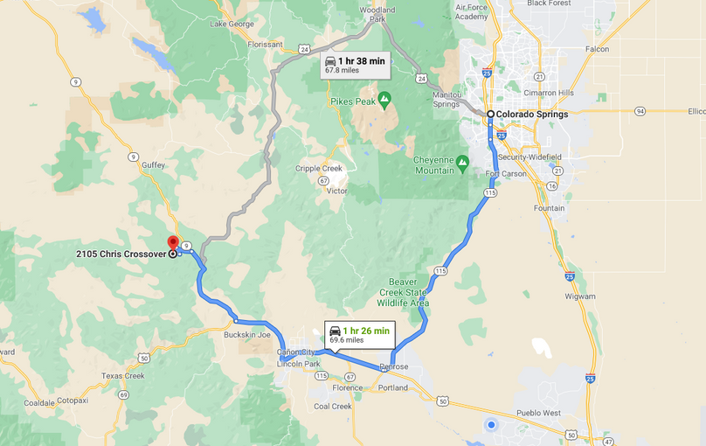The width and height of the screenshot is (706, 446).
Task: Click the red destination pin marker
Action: click(x=172, y=243)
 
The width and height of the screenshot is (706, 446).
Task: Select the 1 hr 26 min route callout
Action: click(x=359, y=334)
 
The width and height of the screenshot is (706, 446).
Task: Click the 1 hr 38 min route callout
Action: click(x=354, y=66)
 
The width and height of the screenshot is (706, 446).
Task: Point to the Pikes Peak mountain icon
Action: click(x=384, y=99)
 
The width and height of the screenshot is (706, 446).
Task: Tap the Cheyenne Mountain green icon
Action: click(x=462, y=162)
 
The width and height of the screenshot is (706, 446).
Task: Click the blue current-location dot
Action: click(x=491, y=425)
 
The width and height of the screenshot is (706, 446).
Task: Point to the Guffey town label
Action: click(x=154, y=164)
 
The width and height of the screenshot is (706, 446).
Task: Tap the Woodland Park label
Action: click(x=377, y=14)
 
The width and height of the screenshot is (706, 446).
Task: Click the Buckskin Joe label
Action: click(x=247, y=335)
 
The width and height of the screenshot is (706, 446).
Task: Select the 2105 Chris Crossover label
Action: click(x=121, y=254)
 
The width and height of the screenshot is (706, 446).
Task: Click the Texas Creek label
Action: click(x=122, y=376)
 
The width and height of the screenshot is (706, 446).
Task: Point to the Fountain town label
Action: click(x=549, y=208)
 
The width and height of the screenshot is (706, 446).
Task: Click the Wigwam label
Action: click(x=580, y=296)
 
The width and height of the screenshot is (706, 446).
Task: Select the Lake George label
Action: click(x=232, y=24)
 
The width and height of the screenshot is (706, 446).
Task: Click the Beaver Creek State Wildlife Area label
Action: click(x=403, y=292)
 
